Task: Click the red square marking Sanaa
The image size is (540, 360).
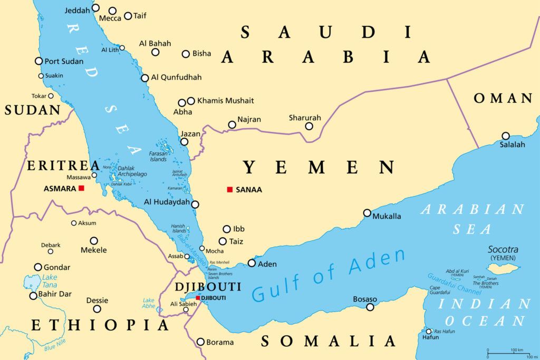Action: coord(229,189)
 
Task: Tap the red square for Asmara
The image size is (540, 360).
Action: coord(81,188)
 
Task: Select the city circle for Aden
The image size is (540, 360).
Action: coord(252,263)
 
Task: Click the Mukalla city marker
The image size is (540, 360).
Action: coord(367,213)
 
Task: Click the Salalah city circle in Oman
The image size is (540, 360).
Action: coord(506,135)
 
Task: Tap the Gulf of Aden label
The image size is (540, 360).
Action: coord(329,275)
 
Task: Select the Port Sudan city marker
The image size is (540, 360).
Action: coord(38,61)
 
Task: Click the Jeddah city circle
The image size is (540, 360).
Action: coord(95,8)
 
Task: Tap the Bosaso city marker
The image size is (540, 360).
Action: coord(370,307)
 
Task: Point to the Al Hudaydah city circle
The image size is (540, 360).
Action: coord(195,205)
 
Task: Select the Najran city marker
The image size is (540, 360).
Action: coord(232,125)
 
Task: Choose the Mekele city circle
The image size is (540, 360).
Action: coord(94,240)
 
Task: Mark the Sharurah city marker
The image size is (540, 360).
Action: coord(309,126)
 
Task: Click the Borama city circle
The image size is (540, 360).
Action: coord(200,342)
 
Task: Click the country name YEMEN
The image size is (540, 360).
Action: coord(319,168)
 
